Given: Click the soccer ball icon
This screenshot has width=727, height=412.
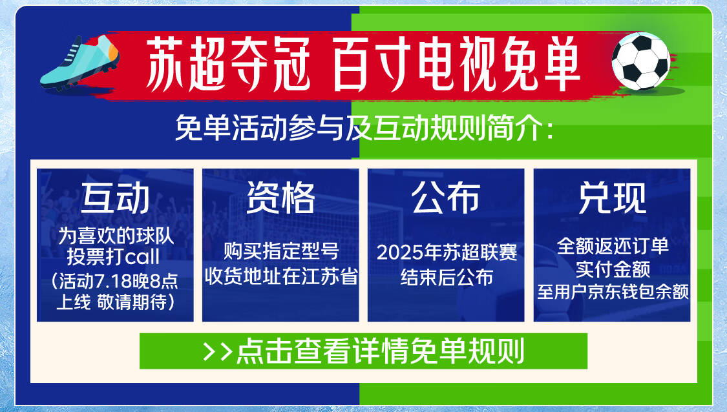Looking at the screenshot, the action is (640, 61).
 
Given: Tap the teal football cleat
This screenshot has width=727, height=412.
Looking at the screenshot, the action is (79, 62).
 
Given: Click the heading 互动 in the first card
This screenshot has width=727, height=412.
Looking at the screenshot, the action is (115, 198).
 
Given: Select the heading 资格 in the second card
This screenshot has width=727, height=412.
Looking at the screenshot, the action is (280, 198).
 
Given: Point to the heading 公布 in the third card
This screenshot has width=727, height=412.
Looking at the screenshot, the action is (446, 198).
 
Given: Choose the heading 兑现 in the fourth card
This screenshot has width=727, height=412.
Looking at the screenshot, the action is (612, 198).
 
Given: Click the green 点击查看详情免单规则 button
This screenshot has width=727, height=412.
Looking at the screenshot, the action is (363, 351).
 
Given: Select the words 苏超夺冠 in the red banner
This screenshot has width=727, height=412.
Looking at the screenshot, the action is (227, 64).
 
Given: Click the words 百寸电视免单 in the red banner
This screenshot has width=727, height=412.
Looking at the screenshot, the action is (456, 64).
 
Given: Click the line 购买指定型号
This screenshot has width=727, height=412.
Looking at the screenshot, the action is (281, 251).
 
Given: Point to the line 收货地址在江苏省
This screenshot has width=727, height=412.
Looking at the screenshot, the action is (281, 276).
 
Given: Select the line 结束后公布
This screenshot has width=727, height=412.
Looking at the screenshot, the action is (446, 277).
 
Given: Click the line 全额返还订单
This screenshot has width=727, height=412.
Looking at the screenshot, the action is (613, 245).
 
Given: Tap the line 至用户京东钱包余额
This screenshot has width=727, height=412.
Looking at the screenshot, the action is (613, 291).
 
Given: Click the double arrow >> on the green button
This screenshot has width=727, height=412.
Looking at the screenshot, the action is (217, 352).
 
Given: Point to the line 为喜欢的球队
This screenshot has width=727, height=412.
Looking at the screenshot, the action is (116, 236).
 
